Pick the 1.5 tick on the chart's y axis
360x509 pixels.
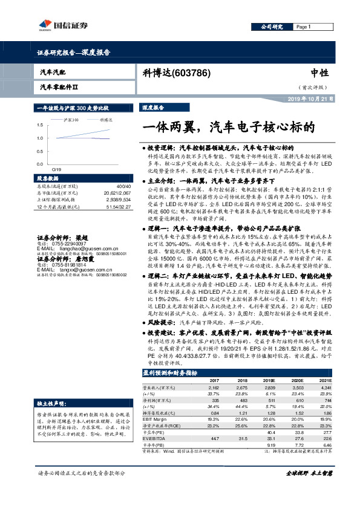tap(39, 125)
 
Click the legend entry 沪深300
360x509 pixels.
tap(71, 120)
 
